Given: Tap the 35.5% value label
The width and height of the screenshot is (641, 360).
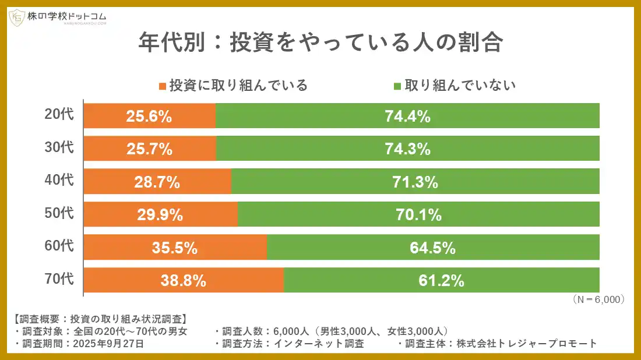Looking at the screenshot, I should click(175, 248).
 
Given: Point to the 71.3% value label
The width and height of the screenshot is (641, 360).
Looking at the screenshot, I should click(415, 182).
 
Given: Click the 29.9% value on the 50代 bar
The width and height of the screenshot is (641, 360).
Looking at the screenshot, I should click(160, 215).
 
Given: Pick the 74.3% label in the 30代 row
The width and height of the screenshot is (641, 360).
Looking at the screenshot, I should click(407, 149).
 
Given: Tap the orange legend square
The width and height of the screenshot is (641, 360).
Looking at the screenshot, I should click(163, 86).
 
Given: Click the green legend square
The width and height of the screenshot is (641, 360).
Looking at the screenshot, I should click(397, 86).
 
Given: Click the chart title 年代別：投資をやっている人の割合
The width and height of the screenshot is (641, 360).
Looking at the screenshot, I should click(320, 44).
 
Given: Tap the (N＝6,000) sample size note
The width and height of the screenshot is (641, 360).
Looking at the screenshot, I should click(598, 299).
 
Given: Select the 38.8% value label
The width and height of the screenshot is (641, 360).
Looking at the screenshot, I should click(184, 281).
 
